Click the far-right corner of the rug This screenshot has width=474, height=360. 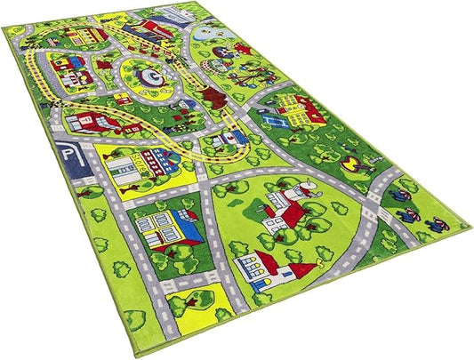(x=468, y=224)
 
